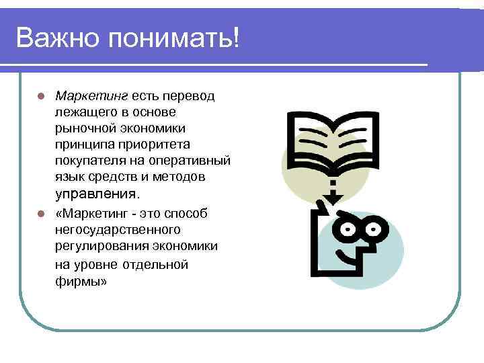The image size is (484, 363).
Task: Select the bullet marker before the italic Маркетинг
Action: coord(41,95)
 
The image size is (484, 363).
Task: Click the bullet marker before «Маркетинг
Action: coord(41,214)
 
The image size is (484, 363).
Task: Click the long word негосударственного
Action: coord(118,230)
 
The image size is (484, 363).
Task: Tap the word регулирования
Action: coord(99,246)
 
